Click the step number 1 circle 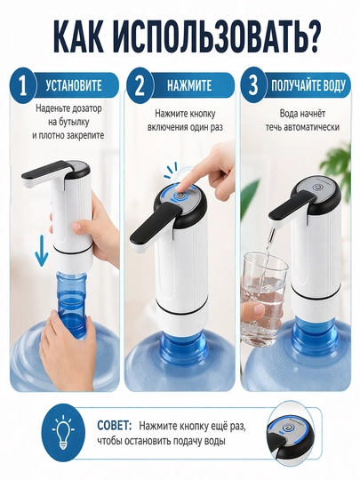[x=22, y=86]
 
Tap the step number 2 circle [x=140, y=86]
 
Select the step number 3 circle [x=253, y=86]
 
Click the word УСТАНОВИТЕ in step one [x=74, y=85]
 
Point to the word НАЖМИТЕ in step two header [x=189, y=85]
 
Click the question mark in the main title [x=310, y=37]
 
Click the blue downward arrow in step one [x=41, y=256]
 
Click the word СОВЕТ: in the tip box [x=115, y=426]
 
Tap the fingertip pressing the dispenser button [x=183, y=186]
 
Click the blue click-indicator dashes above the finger [x=171, y=171]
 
